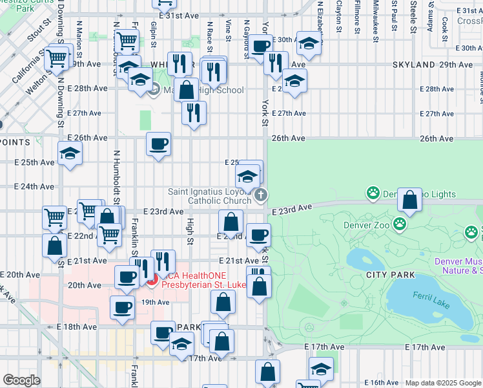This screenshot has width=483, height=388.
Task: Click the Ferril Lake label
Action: (431, 295)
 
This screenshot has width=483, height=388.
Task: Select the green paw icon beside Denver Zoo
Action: (400, 224)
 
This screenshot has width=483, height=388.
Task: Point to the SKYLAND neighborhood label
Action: (414, 65)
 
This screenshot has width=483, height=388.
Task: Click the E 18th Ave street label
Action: (77, 327)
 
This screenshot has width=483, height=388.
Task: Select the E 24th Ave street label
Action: (34, 186)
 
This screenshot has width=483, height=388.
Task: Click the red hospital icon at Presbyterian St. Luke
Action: (151, 280)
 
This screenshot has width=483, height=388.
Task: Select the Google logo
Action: (21, 380)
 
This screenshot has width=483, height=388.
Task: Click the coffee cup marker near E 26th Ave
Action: (158, 144)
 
